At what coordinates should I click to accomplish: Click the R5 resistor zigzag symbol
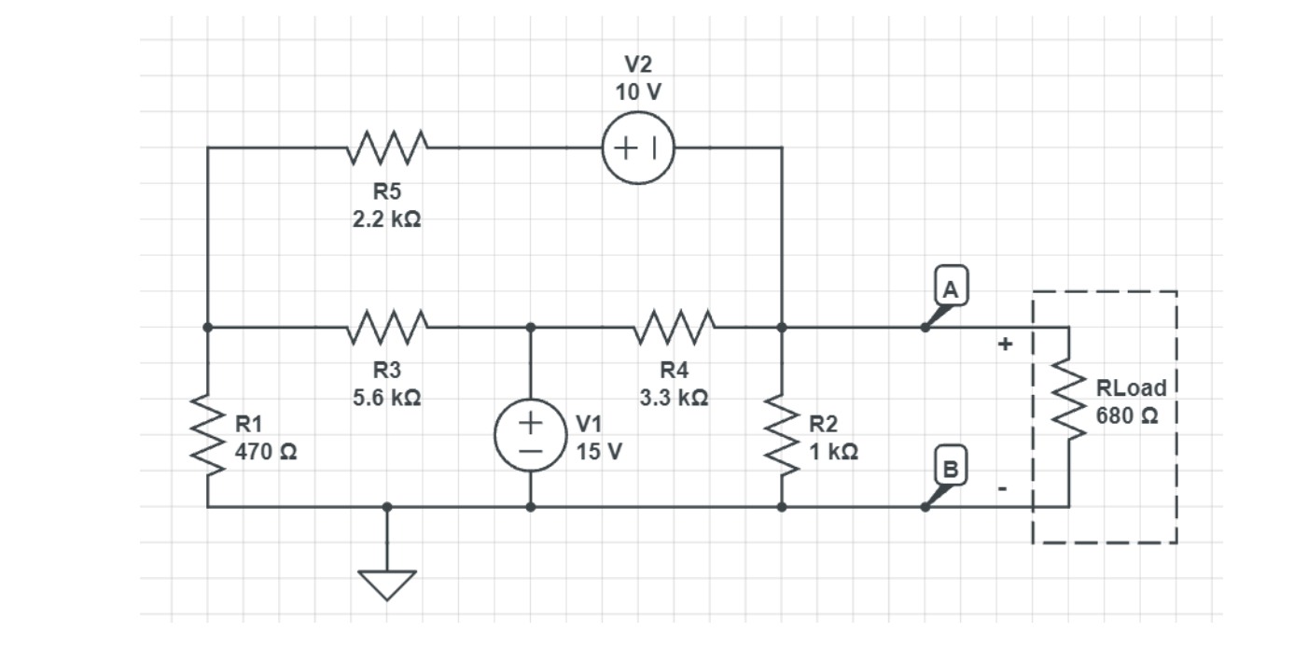pos(387,147)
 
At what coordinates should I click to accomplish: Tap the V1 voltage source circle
pos(530,435)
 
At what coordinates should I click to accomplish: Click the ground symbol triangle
pos(387,584)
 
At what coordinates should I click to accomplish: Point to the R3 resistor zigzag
pos(387,327)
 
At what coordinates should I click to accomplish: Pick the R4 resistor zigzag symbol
pos(674,327)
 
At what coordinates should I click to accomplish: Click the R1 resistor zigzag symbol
pos(207,435)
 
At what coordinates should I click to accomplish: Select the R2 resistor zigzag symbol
pos(782,435)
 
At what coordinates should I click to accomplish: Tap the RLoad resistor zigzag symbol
pos(1068,400)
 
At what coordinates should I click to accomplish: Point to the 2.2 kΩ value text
pos(386,221)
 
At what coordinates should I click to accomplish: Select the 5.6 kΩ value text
pos(386,398)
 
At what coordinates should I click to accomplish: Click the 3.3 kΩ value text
pos(673,398)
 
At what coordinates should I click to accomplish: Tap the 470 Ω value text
pos(266,452)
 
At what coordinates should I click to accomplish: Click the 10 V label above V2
pos(638,92)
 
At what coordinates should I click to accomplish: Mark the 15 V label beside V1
pos(599,452)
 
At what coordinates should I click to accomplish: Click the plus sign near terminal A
pos(1005,345)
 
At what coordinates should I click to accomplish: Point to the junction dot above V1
pos(530,327)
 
